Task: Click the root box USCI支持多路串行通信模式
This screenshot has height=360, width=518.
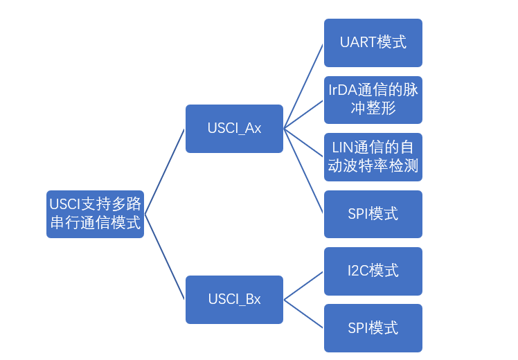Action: click(x=95, y=214)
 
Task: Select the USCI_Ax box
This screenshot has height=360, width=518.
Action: click(x=234, y=129)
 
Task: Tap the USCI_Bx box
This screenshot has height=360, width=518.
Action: click(x=234, y=300)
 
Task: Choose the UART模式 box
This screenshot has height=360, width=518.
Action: click(x=373, y=42)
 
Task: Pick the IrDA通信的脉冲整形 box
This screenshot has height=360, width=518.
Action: click(x=373, y=100)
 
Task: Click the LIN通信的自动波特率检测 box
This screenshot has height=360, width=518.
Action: click(x=373, y=157)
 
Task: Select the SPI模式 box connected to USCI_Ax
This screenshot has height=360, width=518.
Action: click(x=373, y=214)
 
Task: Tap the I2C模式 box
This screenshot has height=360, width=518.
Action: click(x=373, y=271)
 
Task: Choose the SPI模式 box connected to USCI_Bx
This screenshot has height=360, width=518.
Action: click(x=373, y=327)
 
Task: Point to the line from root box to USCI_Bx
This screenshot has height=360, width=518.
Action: click(x=165, y=257)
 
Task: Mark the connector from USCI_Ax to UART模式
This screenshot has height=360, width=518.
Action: click(x=303, y=86)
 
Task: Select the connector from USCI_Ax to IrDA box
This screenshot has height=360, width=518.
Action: click(x=303, y=114)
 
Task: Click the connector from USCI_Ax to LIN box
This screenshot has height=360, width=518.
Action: click(x=303, y=143)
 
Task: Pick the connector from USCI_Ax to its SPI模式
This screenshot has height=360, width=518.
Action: click(x=303, y=171)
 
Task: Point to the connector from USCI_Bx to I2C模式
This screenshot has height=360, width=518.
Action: click(x=303, y=285)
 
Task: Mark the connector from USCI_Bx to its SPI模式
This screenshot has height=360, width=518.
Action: click(x=303, y=314)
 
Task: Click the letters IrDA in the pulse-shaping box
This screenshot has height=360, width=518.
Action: click(x=343, y=90)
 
